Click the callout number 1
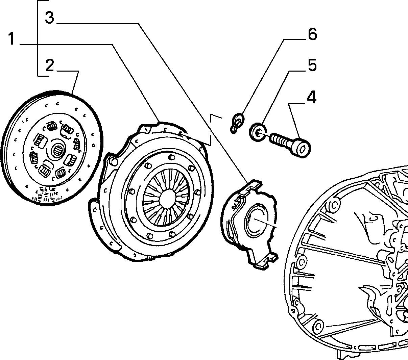[11, 38]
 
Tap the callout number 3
[50, 18]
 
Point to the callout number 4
[312, 97]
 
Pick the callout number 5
[312, 65]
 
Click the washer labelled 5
[258, 132]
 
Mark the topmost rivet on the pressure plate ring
[172, 157]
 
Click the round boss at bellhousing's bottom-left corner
[318, 326]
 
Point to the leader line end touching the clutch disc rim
[72, 93]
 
